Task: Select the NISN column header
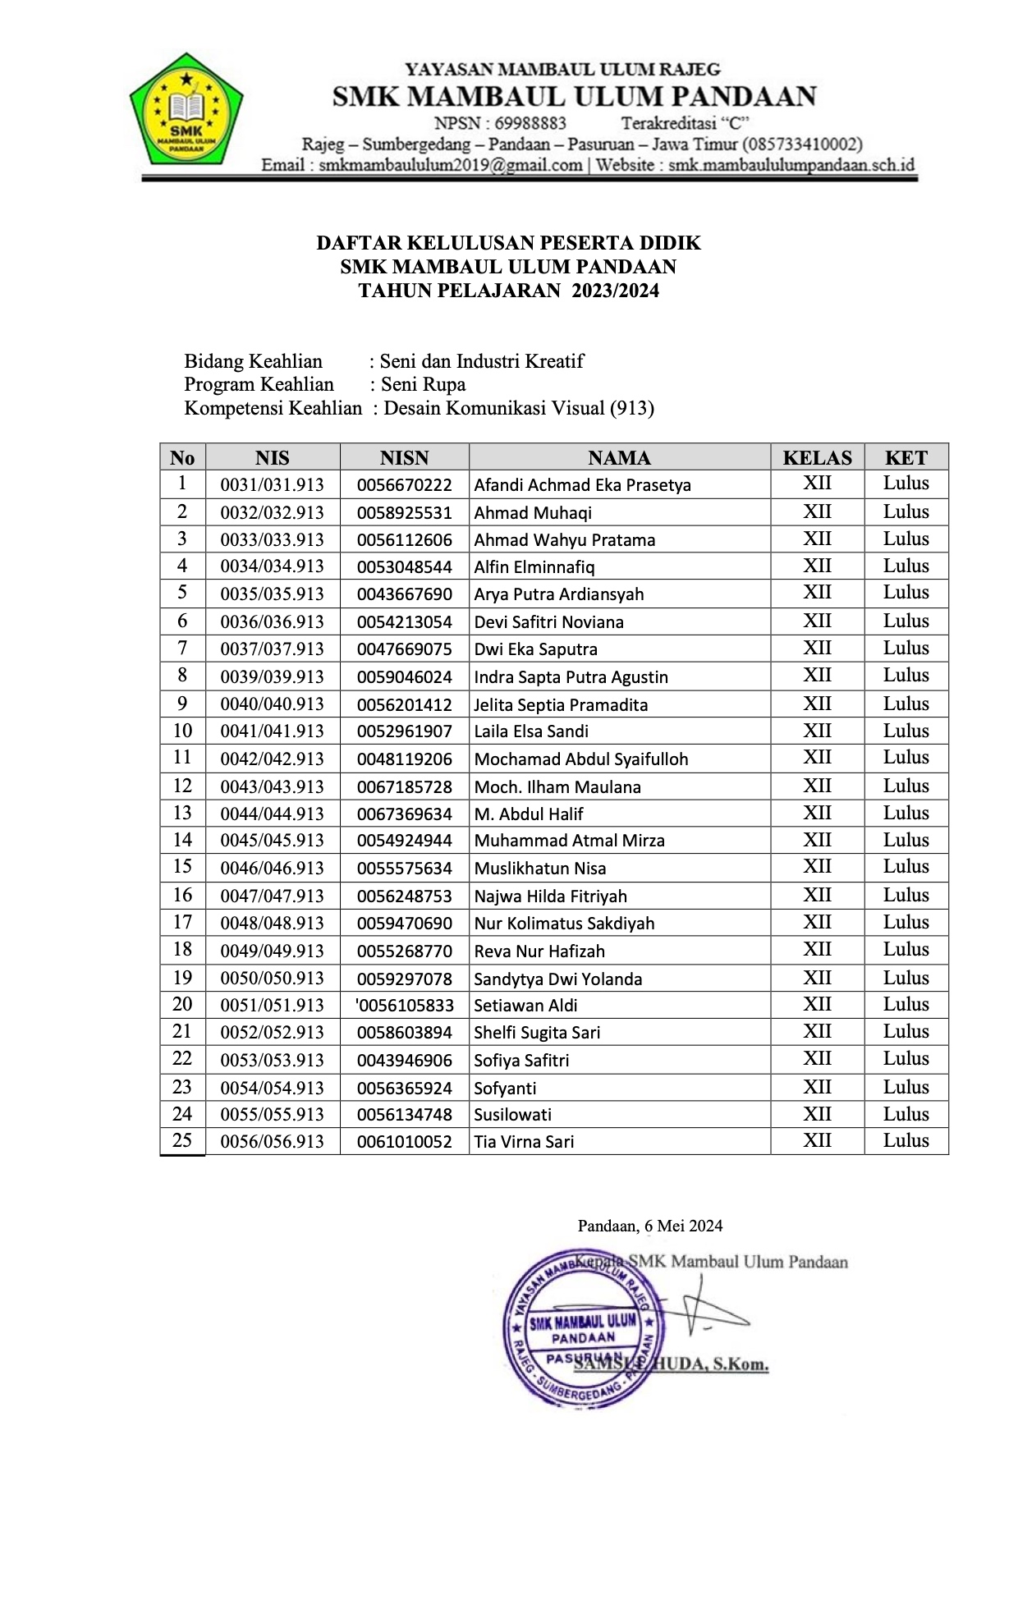(404, 458)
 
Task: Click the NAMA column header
(619, 458)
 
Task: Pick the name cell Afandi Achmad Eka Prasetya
(582, 485)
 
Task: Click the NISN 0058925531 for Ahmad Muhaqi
(404, 513)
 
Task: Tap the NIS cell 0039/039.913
(272, 677)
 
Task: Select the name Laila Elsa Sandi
(531, 731)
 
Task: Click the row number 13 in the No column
(182, 813)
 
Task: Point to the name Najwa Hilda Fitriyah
(550, 896)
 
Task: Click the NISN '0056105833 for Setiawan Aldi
(404, 1006)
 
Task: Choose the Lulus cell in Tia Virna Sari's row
(906, 1141)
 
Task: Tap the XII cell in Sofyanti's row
(817, 1087)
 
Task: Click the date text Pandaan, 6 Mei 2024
(650, 1226)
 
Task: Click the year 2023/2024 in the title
(615, 291)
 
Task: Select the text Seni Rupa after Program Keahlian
(423, 384)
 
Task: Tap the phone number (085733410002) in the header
(802, 144)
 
